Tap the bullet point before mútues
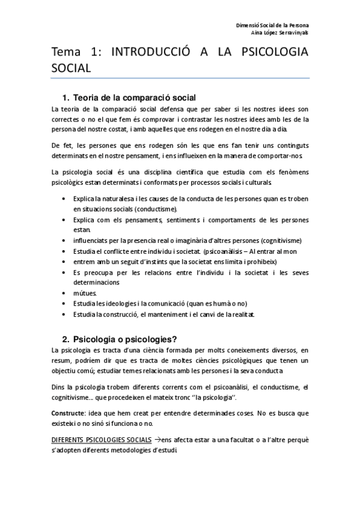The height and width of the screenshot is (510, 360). pos(65,293)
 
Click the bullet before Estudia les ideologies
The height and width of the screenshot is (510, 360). pos(65,304)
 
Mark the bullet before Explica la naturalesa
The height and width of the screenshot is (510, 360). pos(65,198)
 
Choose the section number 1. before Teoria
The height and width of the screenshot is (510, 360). pos(66,97)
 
